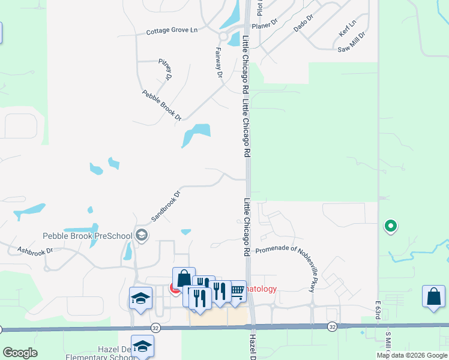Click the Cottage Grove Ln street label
(172, 31)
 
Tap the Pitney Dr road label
(166, 70)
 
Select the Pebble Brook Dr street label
(162, 106)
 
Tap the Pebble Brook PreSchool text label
(87, 236)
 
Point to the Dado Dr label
(304, 24)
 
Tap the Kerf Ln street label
(348, 28)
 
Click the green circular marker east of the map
(390, 226)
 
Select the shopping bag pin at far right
(434, 296)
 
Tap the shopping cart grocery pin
(237, 291)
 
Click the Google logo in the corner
(20, 353)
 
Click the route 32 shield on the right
(332, 327)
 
